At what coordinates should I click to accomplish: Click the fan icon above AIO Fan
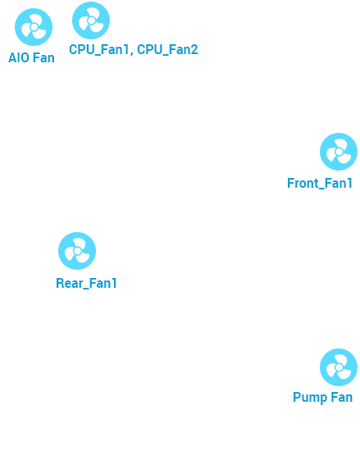point(34,27)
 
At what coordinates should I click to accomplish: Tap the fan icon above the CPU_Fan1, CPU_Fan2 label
point(91,20)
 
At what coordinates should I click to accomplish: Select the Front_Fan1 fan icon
point(339,152)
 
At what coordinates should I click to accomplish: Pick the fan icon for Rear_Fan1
point(77,251)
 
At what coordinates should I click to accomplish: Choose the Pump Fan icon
point(339,367)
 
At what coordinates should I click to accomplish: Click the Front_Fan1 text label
point(320,184)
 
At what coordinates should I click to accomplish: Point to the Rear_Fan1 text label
point(86,284)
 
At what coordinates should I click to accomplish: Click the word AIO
point(19,57)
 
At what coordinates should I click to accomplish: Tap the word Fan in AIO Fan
point(43,57)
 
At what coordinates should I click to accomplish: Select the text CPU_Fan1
point(98,49)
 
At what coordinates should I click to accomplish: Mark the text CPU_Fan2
point(167,49)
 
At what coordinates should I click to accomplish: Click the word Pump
point(310,398)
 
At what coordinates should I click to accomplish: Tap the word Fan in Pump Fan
point(342,397)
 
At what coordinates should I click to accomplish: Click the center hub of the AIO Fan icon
point(34,27)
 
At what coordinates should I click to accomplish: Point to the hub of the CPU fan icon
point(92,20)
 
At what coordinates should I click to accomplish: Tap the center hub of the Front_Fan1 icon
point(339,152)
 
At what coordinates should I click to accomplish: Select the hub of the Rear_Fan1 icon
point(77,251)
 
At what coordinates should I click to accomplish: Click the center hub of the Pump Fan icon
point(339,367)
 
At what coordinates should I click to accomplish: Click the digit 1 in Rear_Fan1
point(114,283)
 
